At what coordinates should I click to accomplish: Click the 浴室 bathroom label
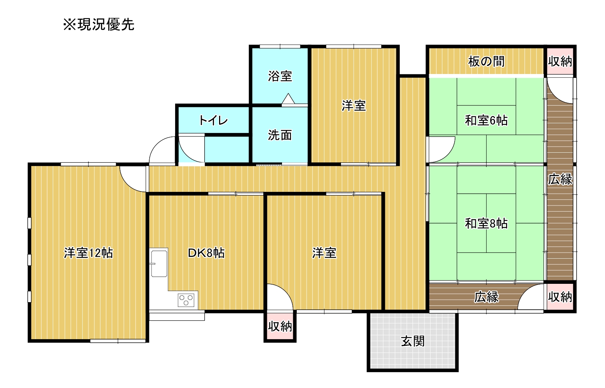[x=280, y=77]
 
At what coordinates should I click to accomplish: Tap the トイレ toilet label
[x=213, y=120]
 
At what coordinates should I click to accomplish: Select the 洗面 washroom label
[x=280, y=135]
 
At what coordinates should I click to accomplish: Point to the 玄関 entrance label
[x=413, y=341]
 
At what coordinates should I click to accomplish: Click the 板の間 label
[x=486, y=61]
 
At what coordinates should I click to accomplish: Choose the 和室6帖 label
[x=486, y=120]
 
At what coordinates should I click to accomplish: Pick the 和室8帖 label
[x=486, y=223]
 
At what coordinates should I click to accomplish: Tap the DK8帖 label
[x=206, y=253]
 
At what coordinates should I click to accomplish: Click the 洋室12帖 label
[x=88, y=253]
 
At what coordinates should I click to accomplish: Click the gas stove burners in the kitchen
[x=186, y=300]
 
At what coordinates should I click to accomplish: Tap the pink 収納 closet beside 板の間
[x=560, y=61]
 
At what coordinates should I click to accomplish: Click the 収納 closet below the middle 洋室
[x=280, y=327]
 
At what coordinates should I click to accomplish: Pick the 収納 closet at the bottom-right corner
[x=560, y=297]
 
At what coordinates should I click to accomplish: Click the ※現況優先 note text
[x=99, y=24]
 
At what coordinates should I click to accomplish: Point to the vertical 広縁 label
[x=560, y=179]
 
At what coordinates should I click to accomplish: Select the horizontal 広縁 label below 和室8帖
[x=486, y=297]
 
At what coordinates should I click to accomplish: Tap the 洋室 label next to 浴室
[x=354, y=106]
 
